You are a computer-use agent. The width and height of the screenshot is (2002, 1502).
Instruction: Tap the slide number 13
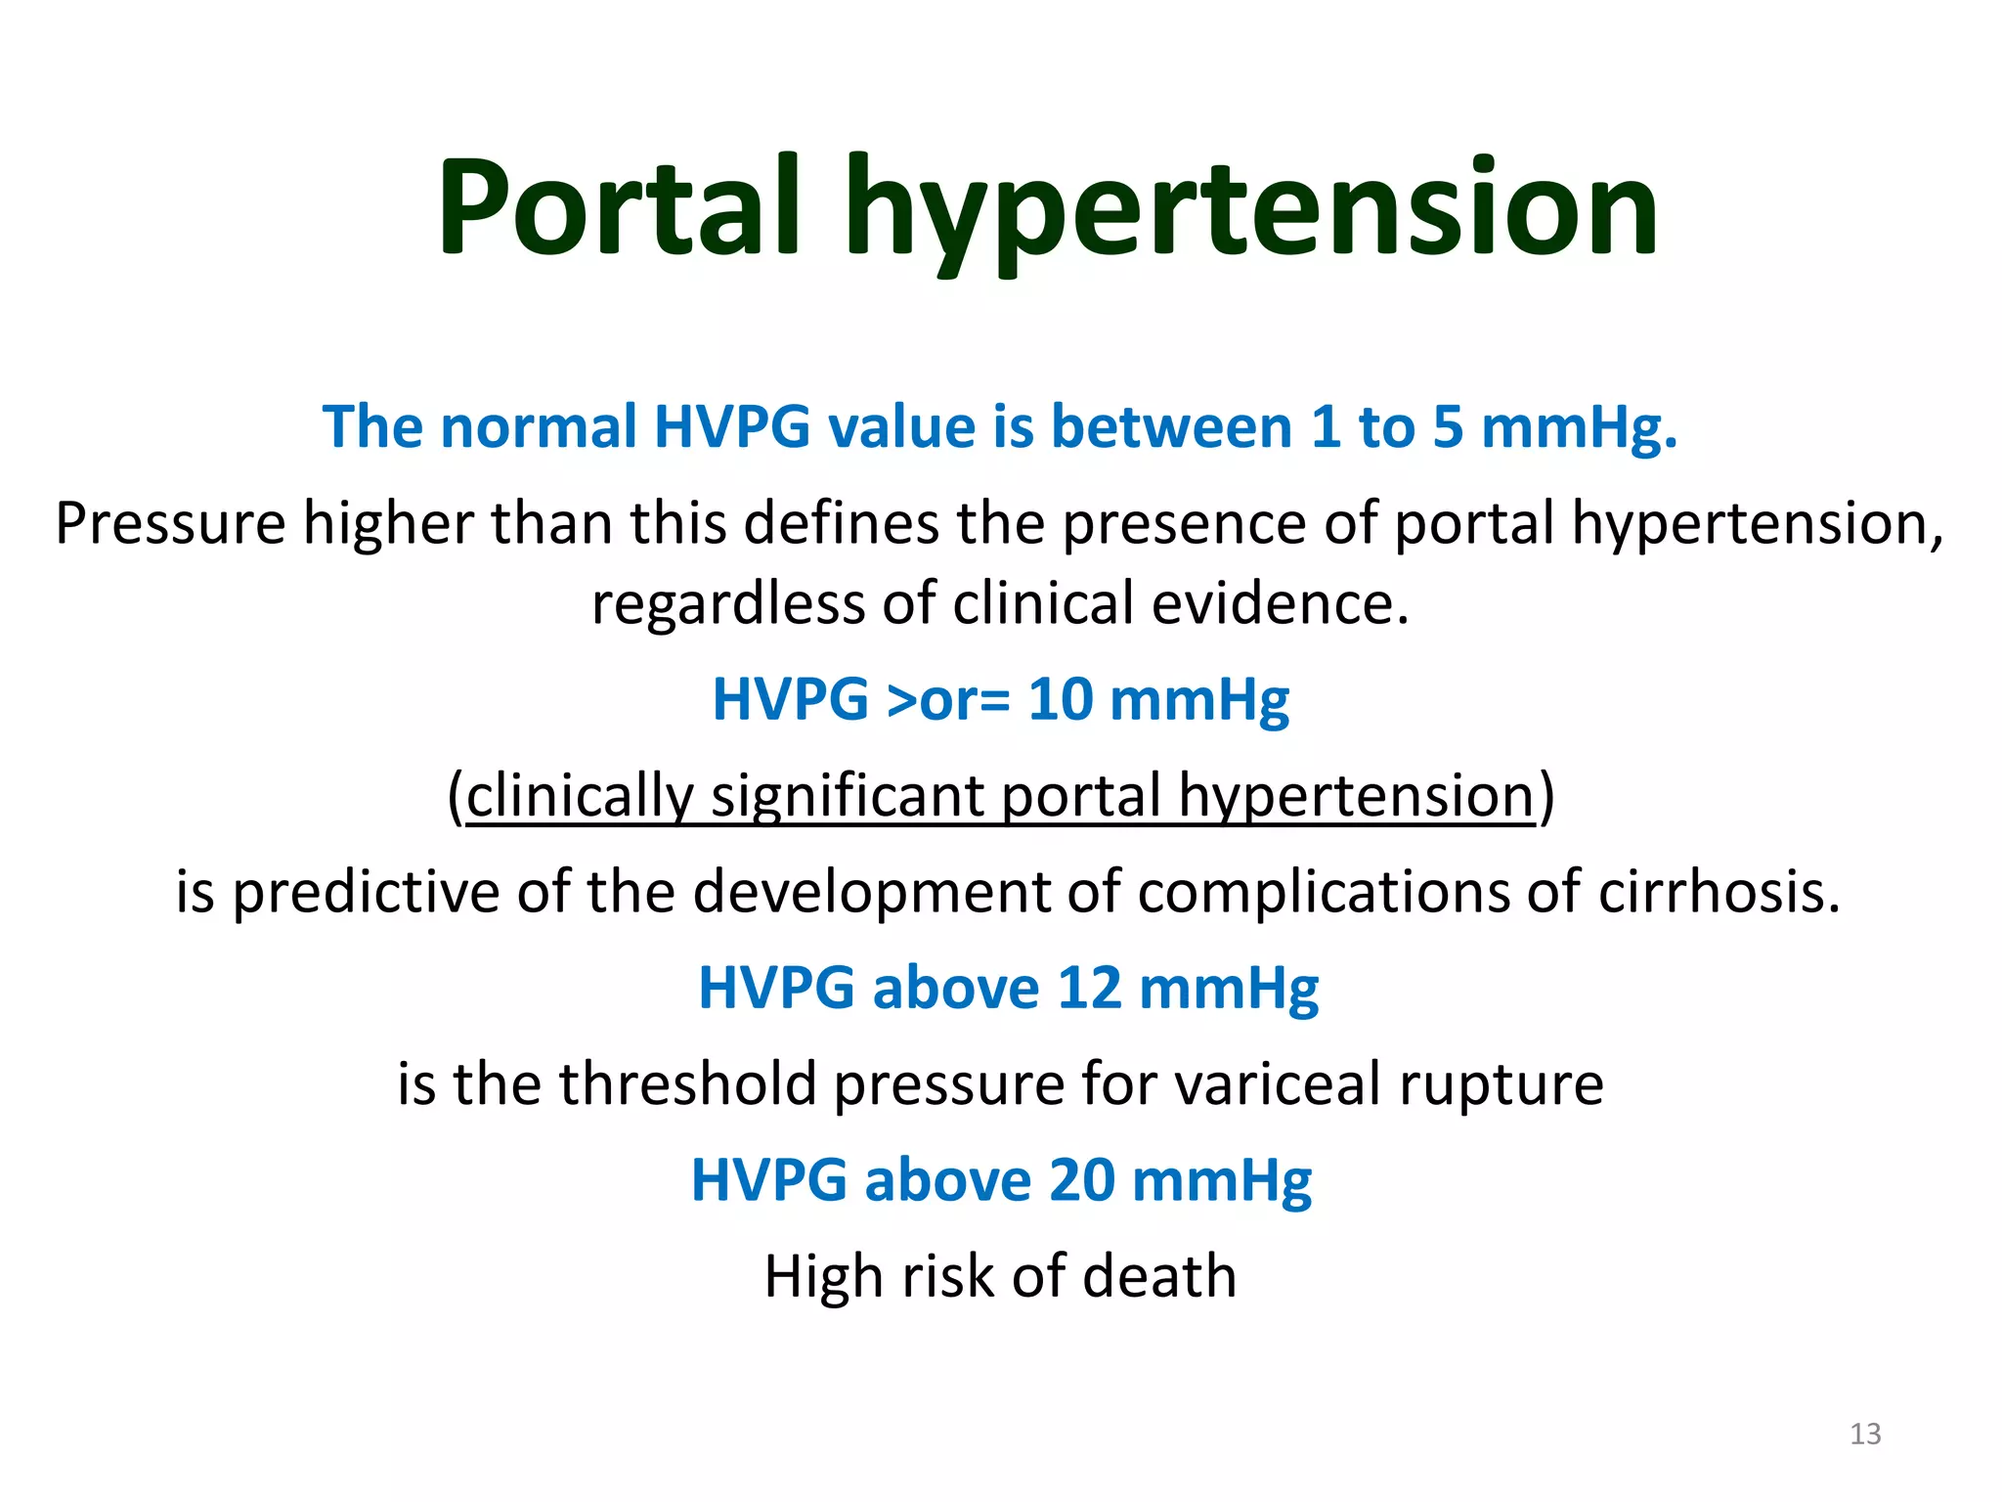coord(1865,1434)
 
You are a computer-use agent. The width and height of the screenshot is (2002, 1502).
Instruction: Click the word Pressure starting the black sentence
coord(170,524)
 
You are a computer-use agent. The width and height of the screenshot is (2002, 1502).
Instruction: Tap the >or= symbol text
coord(947,701)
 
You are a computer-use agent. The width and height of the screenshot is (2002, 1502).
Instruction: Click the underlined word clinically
coord(580,795)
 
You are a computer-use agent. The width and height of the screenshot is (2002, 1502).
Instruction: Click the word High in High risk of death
coord(823,1276)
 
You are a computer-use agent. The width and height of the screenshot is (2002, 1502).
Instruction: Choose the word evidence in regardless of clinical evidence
coord(1280,604)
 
